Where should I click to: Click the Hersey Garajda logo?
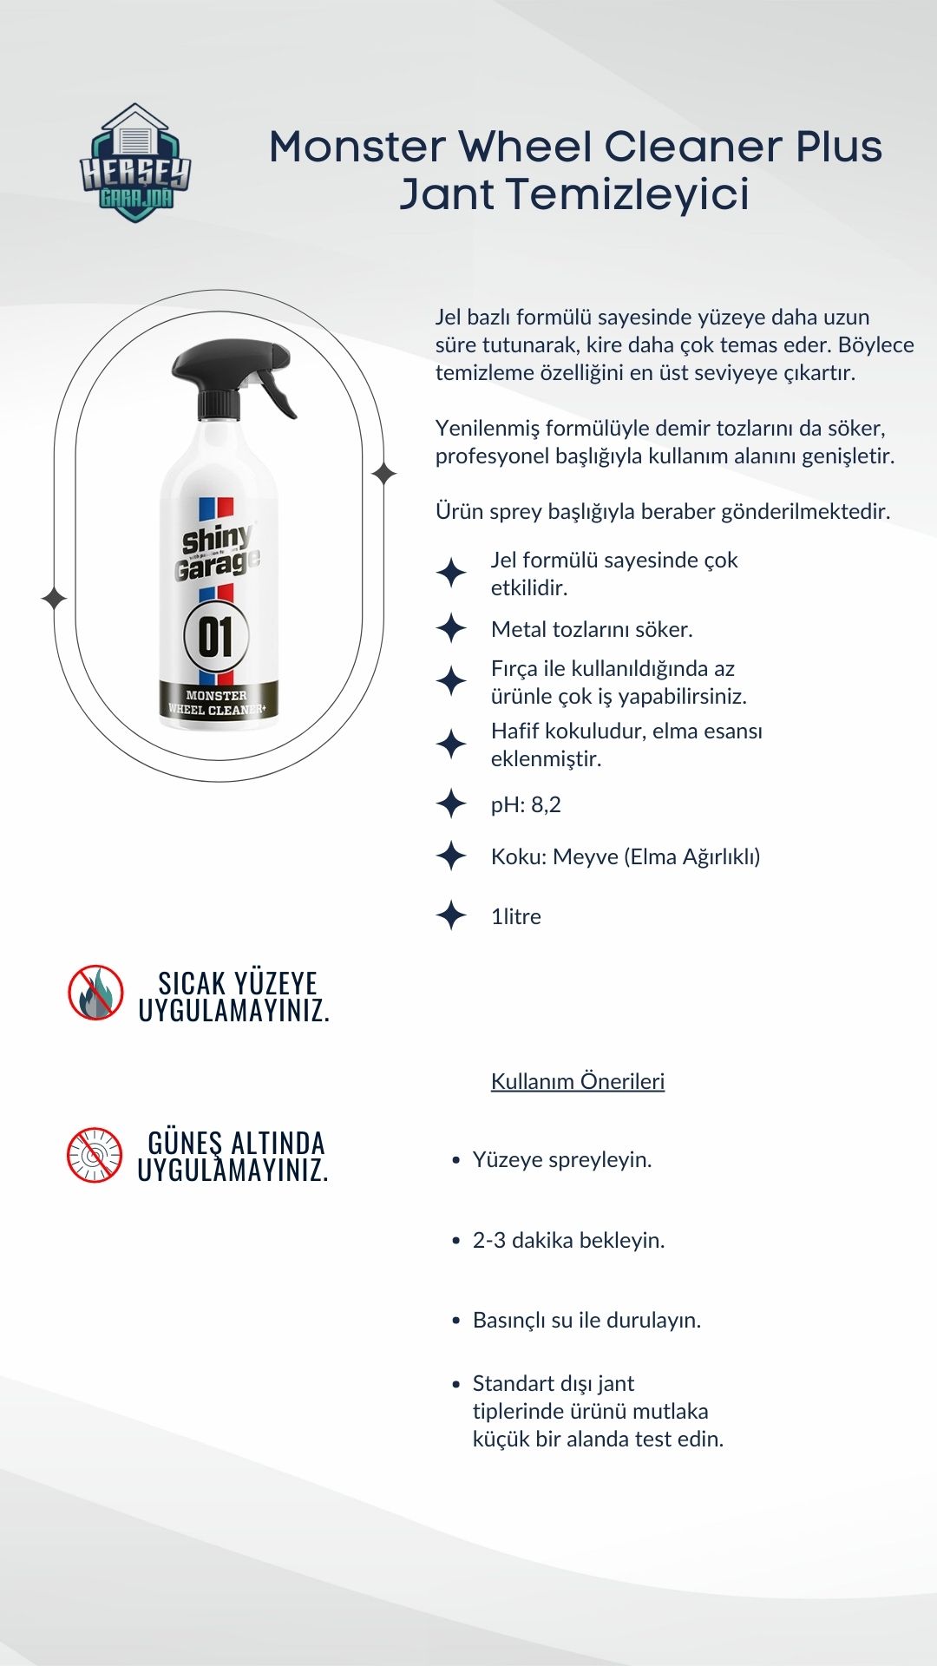point(135,163)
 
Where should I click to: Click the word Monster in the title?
point(357,147)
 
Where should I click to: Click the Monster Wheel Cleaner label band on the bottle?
point(217,702)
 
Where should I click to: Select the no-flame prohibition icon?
point(95,992)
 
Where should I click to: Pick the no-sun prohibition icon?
point(95,1154)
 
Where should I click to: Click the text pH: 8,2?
point(526,804)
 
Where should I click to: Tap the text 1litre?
point(515,916)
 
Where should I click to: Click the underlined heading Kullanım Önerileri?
point(578,1081)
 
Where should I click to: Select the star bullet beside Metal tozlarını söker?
point(451,628)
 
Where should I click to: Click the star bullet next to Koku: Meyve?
point(451,856)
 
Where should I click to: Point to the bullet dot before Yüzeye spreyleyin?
point(456,1160)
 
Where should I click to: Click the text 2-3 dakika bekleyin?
point(568,1240)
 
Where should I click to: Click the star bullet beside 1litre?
point(451,915)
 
